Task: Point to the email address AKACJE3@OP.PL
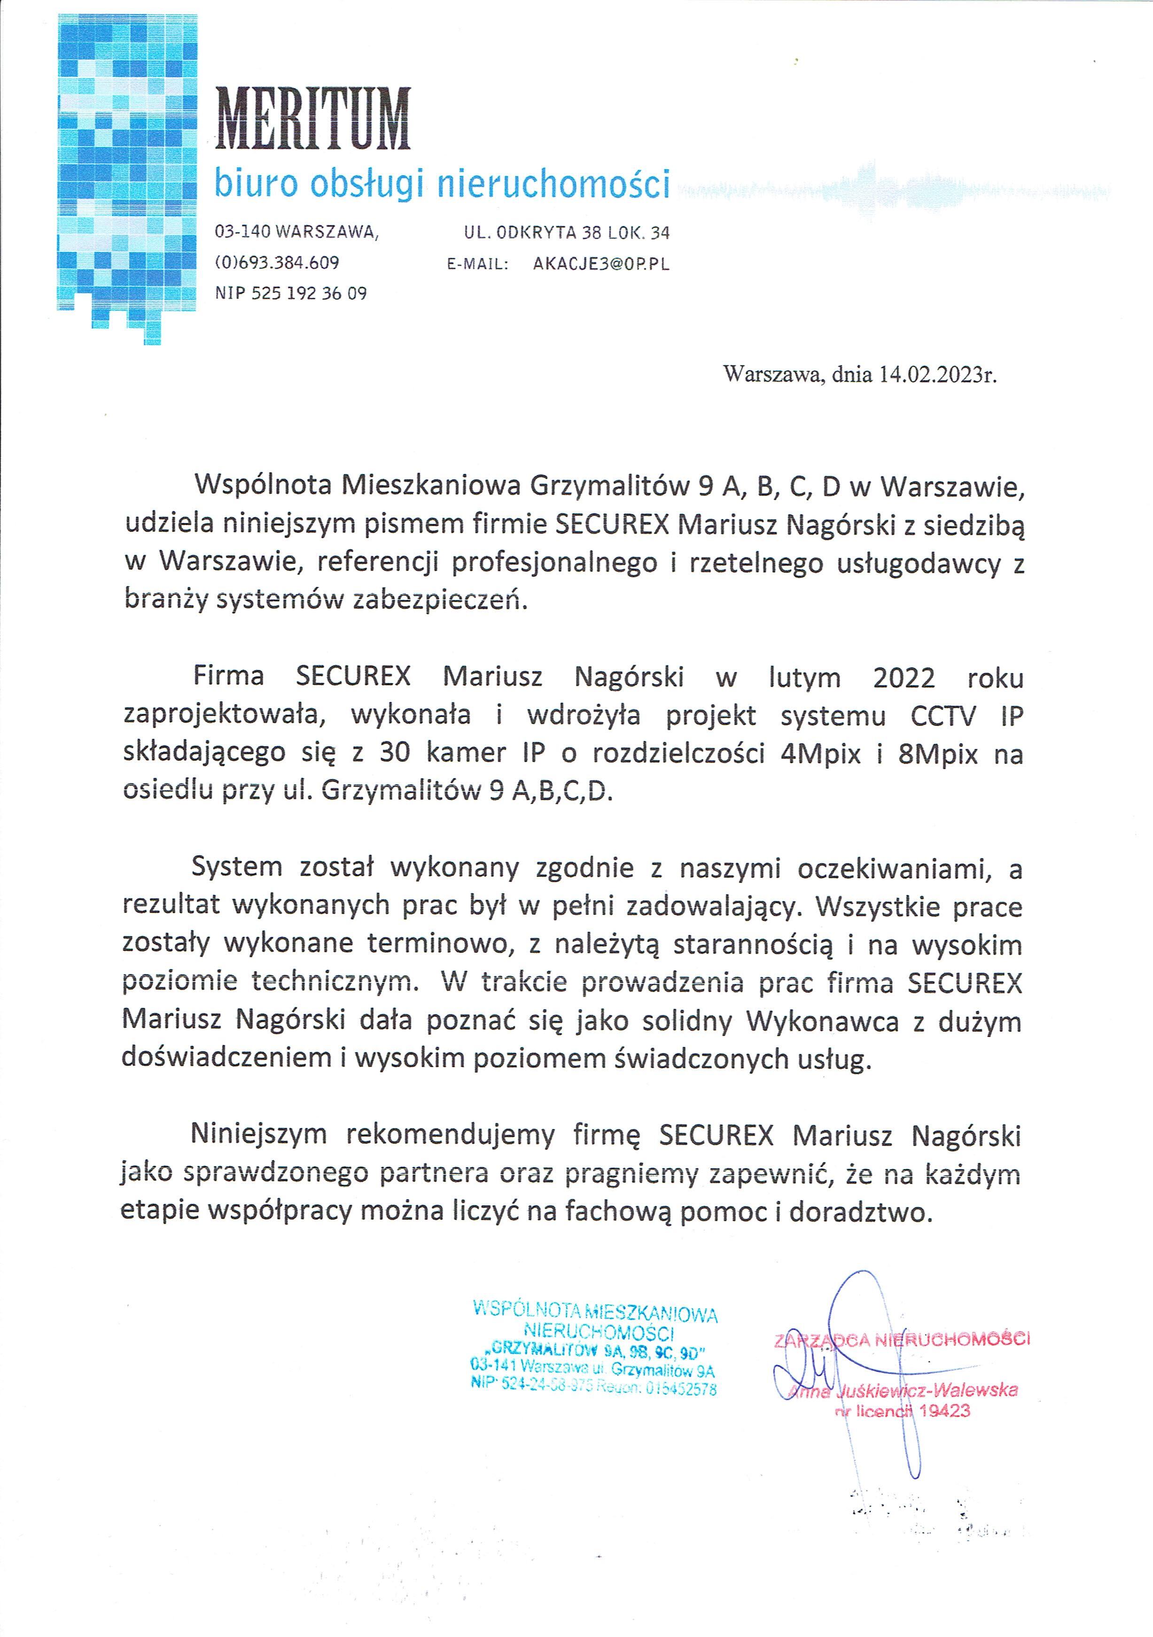601,264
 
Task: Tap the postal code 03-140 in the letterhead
242,233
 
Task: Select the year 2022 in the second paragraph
904,678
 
